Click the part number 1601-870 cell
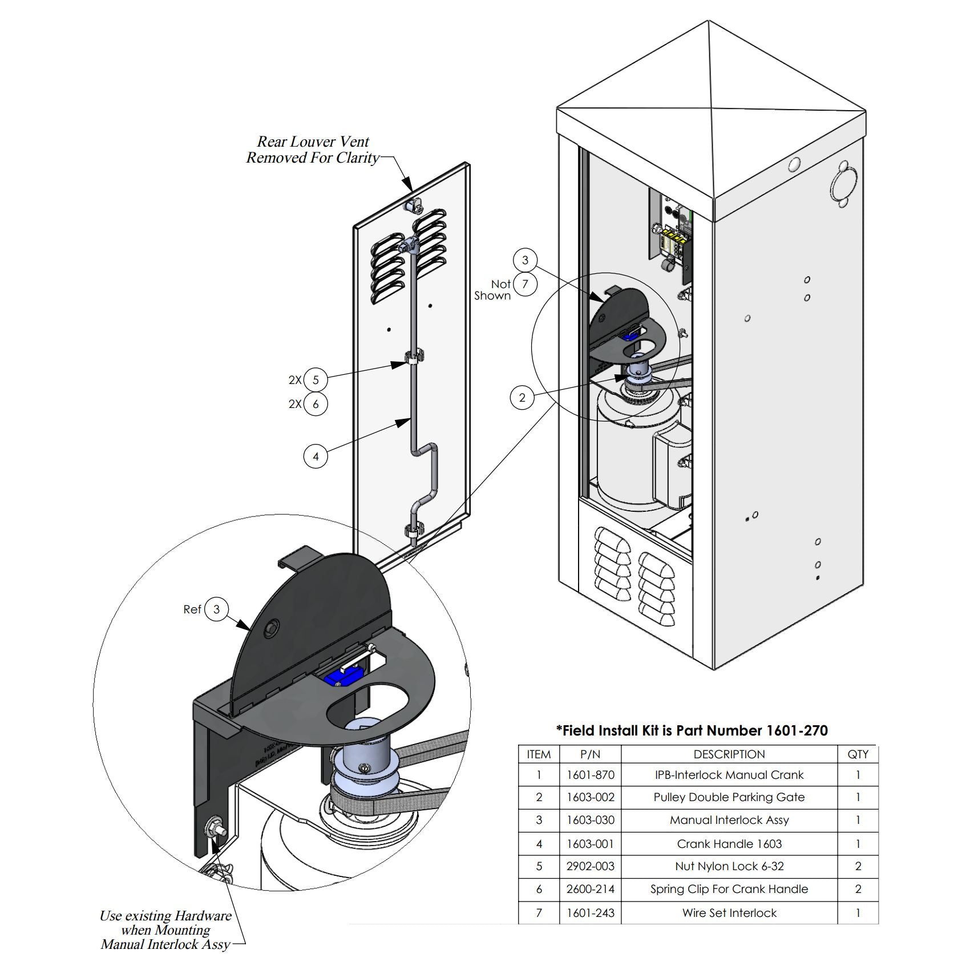coord(590,775)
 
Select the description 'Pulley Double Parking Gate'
coord(729,797)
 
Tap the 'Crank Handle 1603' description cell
coord(729,843)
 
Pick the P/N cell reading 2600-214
coord(590,889)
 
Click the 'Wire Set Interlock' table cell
coord(729,913)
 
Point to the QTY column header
coord(858,754)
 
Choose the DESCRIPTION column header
coord(729,754)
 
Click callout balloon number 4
coord(316,456)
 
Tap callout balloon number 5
coord(316,380)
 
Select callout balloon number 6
coord(316,404)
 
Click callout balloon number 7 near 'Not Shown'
coord(525,284)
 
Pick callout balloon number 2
coord(522,398)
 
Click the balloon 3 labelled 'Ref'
coord(216,609)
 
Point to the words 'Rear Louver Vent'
coord(313,142)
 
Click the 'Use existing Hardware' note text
coord(165,916)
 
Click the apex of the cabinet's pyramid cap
coord(709,21)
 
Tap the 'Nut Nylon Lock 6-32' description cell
coord(729,866)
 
